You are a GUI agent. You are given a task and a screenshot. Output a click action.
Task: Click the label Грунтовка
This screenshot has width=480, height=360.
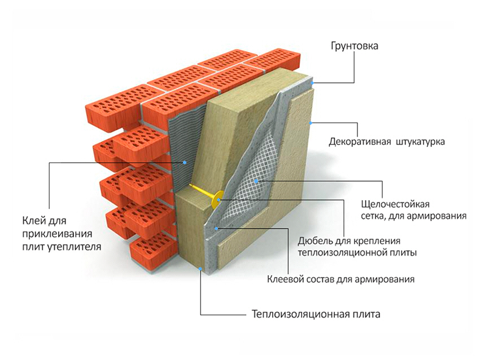[355, 46]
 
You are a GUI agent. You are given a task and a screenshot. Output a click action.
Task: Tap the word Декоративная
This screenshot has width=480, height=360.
[361, 142]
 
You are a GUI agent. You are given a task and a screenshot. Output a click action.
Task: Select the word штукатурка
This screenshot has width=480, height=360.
[420, 142]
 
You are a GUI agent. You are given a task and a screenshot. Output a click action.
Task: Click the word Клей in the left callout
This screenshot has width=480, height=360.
[33, 219]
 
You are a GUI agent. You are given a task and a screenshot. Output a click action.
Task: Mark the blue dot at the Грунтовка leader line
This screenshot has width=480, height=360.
[312, 83]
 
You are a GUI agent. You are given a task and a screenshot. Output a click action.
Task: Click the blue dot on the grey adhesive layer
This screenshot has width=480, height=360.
[185, 163]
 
